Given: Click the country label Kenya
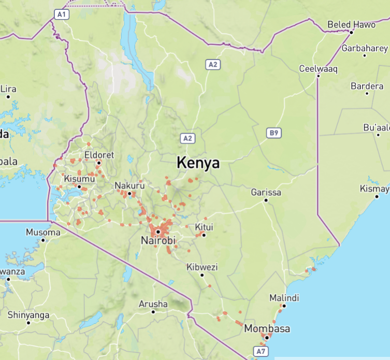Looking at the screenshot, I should point(198,163).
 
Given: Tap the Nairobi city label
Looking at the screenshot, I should point(158,241).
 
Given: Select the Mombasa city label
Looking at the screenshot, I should point(267,329).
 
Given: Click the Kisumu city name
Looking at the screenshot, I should point(79,179).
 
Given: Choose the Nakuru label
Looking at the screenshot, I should point(129,185).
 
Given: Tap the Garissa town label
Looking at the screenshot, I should point(266,192).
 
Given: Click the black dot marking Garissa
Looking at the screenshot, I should point(266,200).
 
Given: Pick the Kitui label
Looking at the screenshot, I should point(204,227).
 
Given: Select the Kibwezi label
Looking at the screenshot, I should point(202,267).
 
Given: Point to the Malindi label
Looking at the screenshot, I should point(284,298).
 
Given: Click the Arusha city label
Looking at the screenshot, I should point(153,304).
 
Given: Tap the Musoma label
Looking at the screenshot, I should point(43,233).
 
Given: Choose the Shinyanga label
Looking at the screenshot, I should point(28,315).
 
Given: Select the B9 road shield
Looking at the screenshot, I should point(274,133).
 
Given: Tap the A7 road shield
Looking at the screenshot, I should point(262,352).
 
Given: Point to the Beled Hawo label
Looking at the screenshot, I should point(352,24).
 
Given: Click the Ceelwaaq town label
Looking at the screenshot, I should point(318,69).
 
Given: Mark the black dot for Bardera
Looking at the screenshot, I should point(367,93).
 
